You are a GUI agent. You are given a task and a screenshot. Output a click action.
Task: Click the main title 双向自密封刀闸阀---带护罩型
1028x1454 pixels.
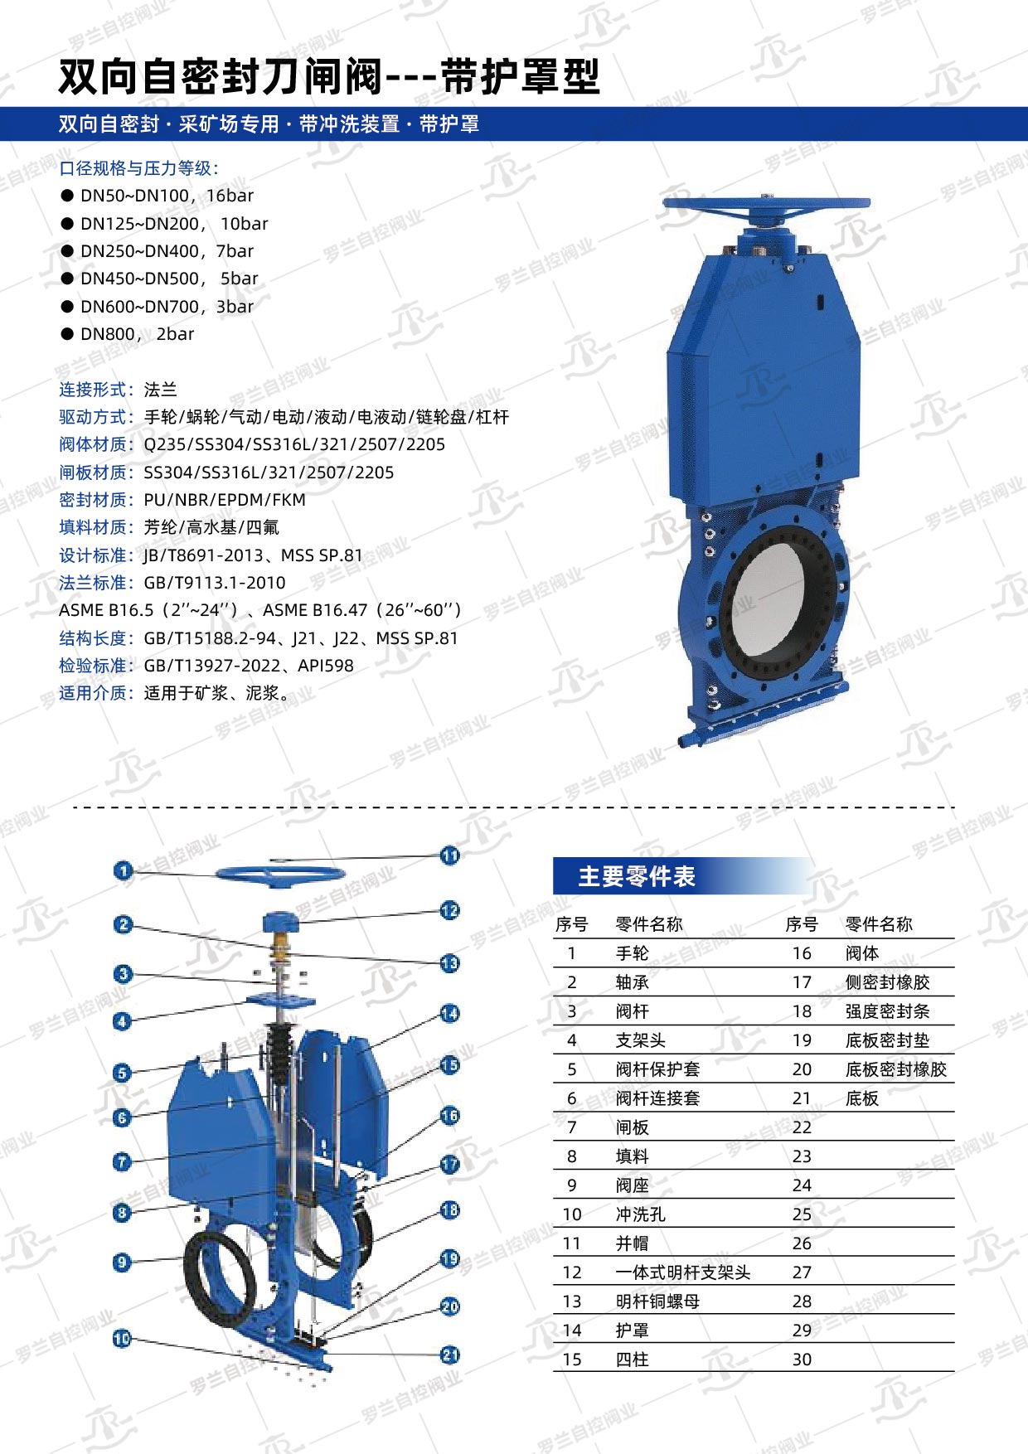click(329, 77)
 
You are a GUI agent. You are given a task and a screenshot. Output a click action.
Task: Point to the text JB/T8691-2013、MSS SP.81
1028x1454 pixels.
click(253, 555)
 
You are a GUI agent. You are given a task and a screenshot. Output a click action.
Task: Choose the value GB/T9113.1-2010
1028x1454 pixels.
click(215, 583)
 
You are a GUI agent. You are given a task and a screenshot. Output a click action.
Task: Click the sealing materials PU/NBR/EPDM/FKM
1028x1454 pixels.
click(225, 500)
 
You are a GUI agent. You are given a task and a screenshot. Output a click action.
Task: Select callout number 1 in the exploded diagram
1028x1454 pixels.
click(124, 870)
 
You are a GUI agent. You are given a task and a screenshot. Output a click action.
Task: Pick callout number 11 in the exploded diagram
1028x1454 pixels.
click(449, 855)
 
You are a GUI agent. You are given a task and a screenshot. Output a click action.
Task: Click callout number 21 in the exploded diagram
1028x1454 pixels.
click(449, 1355)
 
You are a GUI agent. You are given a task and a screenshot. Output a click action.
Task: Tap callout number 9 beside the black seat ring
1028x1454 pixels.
click(122, 1263)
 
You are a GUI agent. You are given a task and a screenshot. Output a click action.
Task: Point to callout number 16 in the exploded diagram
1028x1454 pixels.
click(449, 1116)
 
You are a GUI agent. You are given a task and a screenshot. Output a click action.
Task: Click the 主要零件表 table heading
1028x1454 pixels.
click(637, 876)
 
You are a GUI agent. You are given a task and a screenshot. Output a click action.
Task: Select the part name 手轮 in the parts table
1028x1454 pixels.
click(633, 953)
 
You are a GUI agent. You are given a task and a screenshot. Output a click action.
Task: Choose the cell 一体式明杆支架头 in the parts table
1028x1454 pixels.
click(683, 1272)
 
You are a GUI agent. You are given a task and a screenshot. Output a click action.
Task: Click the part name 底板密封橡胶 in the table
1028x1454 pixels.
click(896, 1069)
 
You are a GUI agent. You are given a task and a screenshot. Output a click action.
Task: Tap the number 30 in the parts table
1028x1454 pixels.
click(802, 1359)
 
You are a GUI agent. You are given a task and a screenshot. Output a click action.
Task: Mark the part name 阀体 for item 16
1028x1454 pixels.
click(862, 953)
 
